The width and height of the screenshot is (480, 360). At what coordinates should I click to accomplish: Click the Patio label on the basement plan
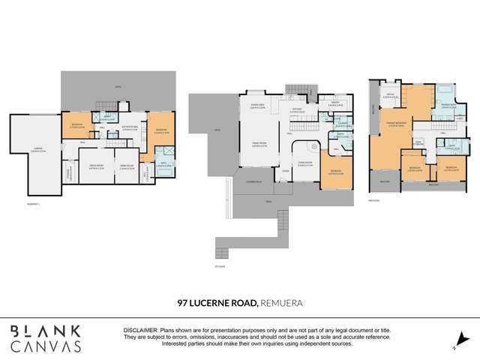[118, 88]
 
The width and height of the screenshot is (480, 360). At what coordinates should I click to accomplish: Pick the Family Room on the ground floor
[259, 144]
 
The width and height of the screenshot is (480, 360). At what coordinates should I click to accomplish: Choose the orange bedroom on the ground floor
[337, 172]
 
